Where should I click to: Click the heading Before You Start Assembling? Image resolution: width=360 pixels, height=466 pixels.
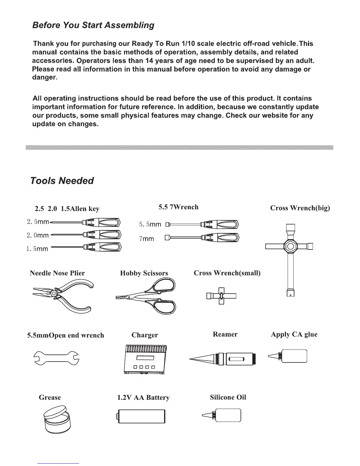click(x=93, y=25)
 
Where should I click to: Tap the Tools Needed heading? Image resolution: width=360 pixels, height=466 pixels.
click(x=62, y=180)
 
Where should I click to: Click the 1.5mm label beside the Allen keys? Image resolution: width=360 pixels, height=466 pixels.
click(x=37, y=249)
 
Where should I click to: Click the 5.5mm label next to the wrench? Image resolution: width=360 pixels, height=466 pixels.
click(x=150, y=224)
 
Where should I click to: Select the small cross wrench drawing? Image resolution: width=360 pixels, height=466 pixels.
click(x=221, y=296)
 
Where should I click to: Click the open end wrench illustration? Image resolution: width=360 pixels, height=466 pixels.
click(x=57, y=358)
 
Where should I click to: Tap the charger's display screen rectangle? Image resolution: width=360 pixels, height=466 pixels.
click(x=145, y=358)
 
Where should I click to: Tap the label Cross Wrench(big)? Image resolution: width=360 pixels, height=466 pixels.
click(x=300, y=208)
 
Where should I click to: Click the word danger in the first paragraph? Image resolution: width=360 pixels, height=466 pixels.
click(x=44, y=78)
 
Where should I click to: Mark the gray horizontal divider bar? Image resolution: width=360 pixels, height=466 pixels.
click(x=179, y=147)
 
